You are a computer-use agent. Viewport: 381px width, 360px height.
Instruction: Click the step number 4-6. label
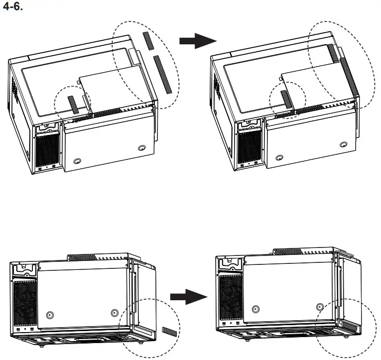pyautogui.click(x=13, y=8)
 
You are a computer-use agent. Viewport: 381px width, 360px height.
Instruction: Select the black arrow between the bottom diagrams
pyautogui.click(x=188, y=297)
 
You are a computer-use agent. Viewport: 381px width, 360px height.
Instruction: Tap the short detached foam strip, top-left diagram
pyautogui.click(x=148, y=40)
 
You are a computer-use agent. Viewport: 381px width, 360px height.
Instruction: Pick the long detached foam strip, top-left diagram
pyautogui.click(x=164, y=75)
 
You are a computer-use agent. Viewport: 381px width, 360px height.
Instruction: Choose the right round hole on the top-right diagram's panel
pyautogui.click(x=344, y=145)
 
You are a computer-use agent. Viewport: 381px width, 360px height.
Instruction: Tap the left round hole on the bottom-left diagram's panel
pyautogui.click(x=49, y=315)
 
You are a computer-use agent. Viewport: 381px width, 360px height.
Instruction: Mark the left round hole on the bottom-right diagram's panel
pyautogui.click(x=255, y=309)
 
